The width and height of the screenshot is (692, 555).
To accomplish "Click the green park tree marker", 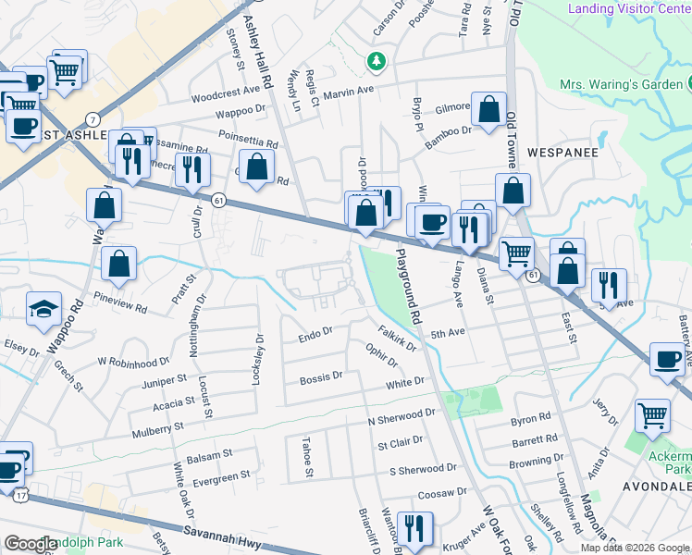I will [376, 62].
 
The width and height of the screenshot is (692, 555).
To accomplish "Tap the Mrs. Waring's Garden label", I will [621, 85].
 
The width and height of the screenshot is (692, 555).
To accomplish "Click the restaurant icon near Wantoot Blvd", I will [414, 529].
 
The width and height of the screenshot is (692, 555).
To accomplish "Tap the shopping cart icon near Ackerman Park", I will [653, 416].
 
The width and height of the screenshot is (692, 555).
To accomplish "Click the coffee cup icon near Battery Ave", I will [668, 360].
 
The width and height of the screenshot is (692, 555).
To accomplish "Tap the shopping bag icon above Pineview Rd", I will [119, 265].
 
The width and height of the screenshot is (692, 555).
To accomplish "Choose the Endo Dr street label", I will [315, 338].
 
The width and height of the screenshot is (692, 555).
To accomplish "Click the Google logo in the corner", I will [31, 544].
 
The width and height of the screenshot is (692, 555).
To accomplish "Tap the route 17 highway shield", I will [20, 496].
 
